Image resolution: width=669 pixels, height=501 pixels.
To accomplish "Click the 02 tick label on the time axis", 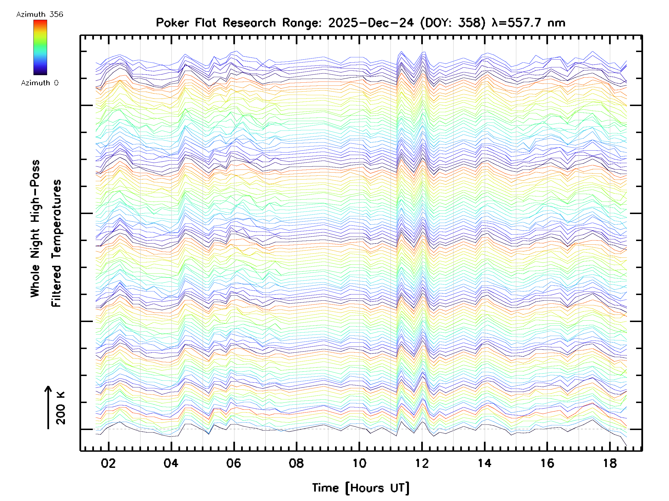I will [x=108, y=463].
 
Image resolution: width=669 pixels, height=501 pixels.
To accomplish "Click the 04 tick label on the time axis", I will [x=171, y=463].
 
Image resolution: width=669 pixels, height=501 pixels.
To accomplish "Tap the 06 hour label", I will [x=234, y=463].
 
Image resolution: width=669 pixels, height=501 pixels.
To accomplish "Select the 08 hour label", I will [x=296, y=463].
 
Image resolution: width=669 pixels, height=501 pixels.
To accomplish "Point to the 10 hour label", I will [x=359, y=463].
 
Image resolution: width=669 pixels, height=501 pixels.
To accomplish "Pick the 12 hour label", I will [x=421, y=463].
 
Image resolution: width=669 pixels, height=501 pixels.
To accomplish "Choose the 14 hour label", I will [x=484, y=463].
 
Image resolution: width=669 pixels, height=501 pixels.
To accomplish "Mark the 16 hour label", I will [x=547, y=463].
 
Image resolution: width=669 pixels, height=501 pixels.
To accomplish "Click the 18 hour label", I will [x=610, y=463].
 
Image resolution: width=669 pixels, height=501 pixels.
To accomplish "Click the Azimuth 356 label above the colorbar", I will [x=40, y=14].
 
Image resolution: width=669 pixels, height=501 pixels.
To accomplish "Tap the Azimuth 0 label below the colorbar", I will [x=40, y=83].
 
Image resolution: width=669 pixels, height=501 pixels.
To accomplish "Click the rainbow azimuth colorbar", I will [x=40, y=47].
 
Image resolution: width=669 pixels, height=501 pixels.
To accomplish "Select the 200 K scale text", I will [x=61, y=408].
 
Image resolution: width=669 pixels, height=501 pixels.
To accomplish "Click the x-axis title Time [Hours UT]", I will [x=360, y=488].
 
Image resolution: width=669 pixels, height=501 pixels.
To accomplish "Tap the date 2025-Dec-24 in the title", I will [x=371, y=23].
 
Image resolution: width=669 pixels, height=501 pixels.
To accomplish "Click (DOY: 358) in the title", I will [x=453, y=23].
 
